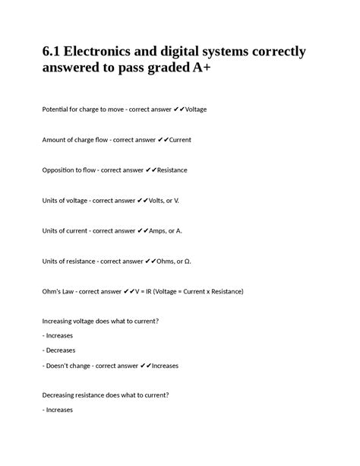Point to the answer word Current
(180, 140)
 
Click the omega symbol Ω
(187, 261)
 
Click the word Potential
(58, 109)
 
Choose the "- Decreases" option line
(59, 350)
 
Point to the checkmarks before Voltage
(178, 109)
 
